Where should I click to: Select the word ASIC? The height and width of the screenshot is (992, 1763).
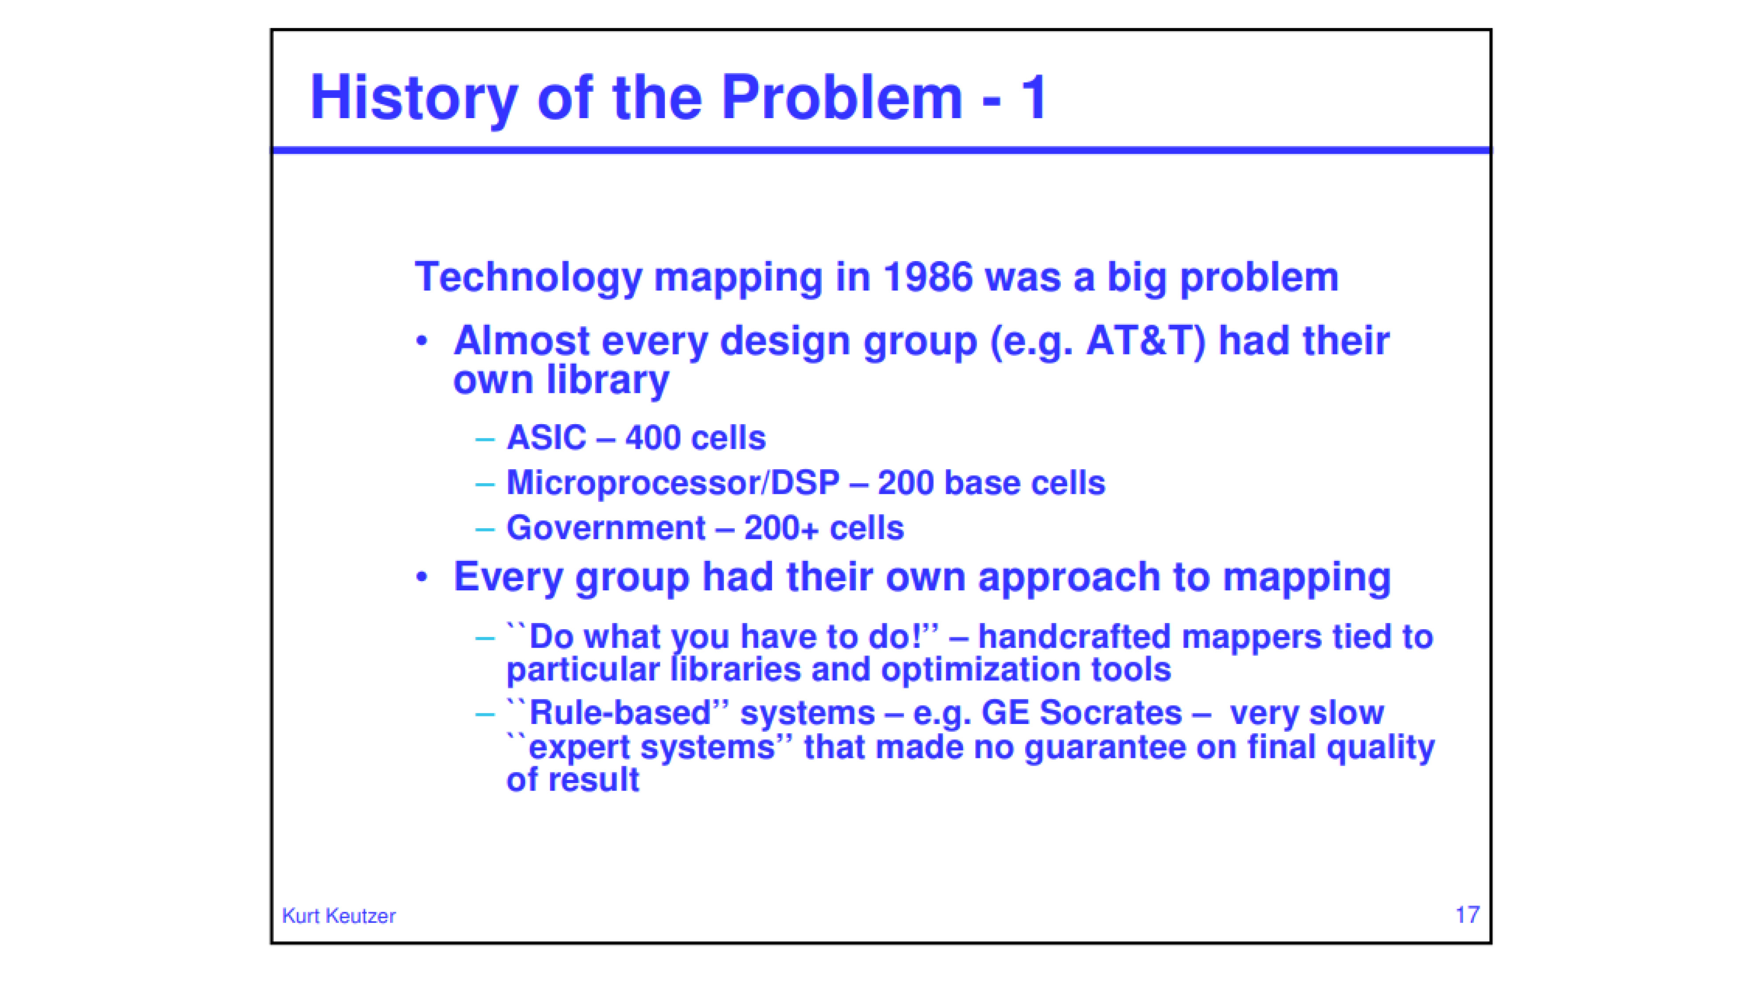point(546,437)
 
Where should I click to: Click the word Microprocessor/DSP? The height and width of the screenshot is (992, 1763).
point(673,483)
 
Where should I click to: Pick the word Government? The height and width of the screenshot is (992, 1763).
point(606,528)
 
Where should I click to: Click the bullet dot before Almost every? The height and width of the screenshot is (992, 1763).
point(422,340)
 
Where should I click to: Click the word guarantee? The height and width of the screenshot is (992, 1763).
point(1105,747)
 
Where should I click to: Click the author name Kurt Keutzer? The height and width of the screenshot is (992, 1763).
point(339,916)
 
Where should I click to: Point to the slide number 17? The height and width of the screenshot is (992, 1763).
point(1467,915)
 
